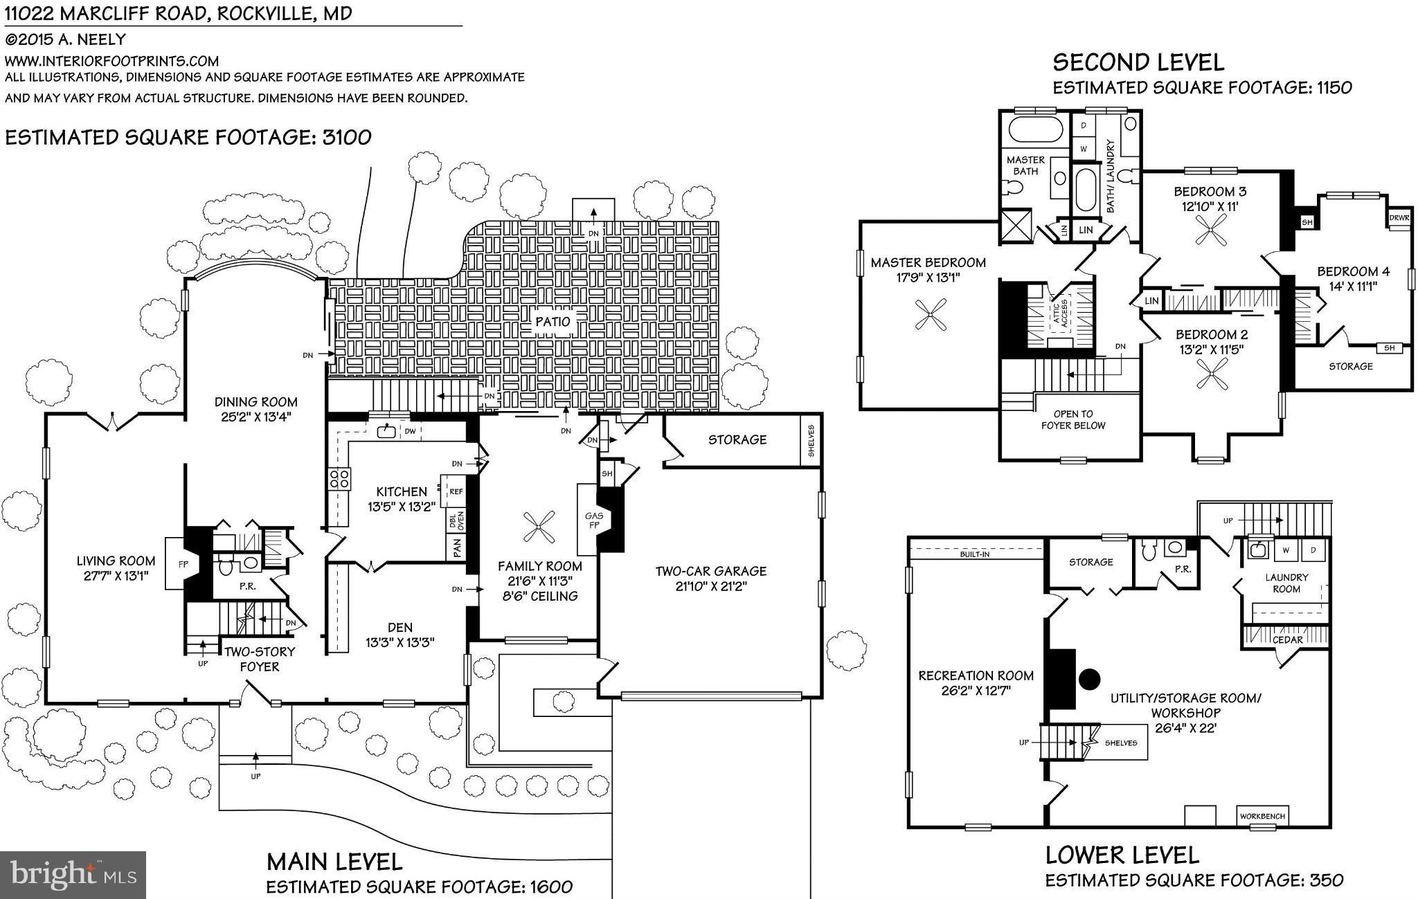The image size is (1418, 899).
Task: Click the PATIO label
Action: click(553, 322)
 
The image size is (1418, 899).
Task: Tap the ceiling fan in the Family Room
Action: click(539, 528)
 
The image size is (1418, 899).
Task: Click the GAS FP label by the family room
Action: click(594, 520)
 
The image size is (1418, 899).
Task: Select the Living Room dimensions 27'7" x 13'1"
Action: click(116, 575)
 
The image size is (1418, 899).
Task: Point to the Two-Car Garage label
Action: click(711, 571)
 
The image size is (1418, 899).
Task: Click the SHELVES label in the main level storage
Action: click(811, 440)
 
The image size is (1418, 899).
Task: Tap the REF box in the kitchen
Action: click(456, 491)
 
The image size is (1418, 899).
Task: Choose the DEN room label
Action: click(400, 628)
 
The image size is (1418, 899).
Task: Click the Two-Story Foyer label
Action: click(260, 659)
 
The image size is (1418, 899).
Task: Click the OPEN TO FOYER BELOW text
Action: click(1073, 419)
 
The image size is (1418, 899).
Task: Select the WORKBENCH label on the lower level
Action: click(1262, 817)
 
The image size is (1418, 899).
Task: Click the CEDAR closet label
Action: click(1288, 640)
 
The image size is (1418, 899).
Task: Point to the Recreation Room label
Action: click(976, 675)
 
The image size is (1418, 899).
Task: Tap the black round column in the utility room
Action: click(1090, 679)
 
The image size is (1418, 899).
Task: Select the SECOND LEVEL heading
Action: click(1138, 62)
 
